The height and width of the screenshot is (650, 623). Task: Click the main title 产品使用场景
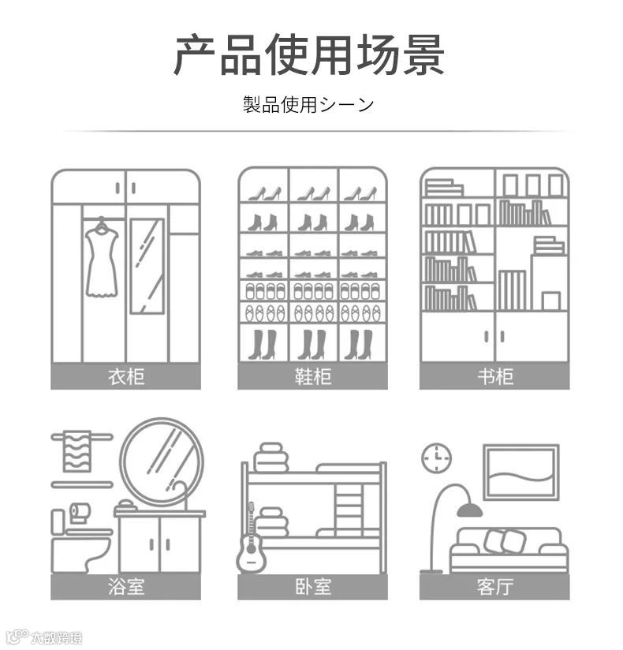(309, 54)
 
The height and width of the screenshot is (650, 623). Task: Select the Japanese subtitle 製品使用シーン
(309, 104)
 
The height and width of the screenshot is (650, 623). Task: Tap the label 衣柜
(126, 376)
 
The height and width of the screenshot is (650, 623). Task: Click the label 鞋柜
(312, 376)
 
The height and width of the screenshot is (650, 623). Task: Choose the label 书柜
(494, 376)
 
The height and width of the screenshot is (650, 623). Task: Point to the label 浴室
(126, 586)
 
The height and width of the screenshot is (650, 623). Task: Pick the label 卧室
(312, 586)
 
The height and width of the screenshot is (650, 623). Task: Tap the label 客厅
(494, 586)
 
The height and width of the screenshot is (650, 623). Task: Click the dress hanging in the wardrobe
(102, 260)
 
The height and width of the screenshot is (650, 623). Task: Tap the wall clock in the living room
(435, 458)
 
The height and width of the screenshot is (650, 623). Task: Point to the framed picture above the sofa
(520, 472)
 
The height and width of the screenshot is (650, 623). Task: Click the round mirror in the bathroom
(162, 461)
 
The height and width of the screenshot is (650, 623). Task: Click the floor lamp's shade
(469, 510)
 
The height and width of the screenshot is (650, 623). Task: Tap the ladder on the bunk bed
(348, 509)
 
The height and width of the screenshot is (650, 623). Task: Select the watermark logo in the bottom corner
(43, 637)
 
